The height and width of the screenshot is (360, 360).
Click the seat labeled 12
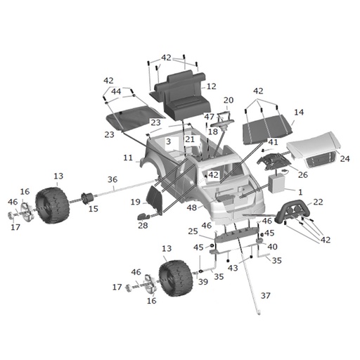(181, 96)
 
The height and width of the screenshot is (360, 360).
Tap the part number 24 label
(345, 159)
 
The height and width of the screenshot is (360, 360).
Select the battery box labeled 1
(276, 184)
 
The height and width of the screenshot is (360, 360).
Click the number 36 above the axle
(112, 179)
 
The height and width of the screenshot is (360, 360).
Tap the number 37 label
(266, 295)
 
